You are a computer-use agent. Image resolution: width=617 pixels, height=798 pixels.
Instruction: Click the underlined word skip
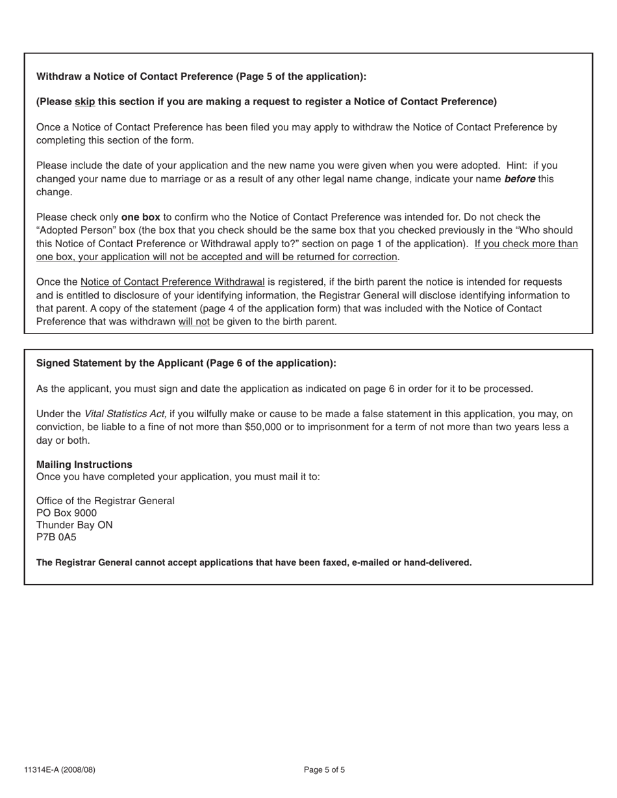pos(84,102)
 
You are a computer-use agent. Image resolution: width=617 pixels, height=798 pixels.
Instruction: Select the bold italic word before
pos(520,179)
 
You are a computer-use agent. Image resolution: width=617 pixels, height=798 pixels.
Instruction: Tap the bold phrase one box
pos(140,217)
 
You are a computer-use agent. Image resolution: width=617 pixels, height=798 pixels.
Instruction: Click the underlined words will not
pos(194,322)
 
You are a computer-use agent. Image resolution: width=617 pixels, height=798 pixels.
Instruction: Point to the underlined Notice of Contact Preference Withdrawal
pos(172,282)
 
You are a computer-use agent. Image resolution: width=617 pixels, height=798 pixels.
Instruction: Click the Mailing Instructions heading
pos(84,465)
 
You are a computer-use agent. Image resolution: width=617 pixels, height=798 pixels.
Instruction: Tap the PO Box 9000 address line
pos(66,513)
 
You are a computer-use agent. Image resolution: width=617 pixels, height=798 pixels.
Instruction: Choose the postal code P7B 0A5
pos(56,537)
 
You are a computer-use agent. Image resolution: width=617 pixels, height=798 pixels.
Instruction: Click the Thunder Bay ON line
pos(74,525)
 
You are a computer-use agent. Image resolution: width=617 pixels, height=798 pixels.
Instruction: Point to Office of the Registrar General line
pos(105,501)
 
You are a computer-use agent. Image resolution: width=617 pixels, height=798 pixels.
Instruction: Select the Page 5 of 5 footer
pos(324,770)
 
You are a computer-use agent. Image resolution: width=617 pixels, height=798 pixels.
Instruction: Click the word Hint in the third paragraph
pos(517,166)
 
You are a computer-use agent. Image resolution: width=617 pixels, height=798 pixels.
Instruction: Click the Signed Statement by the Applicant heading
pos(186,363)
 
